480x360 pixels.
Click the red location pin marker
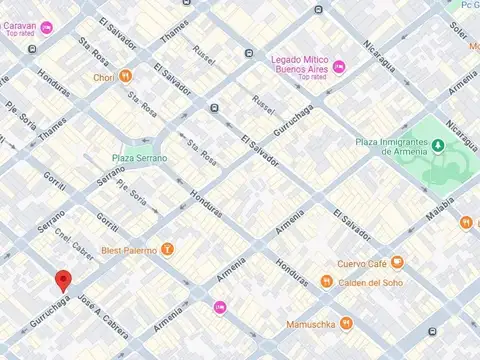coord(63,281)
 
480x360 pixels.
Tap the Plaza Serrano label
coord(139,158)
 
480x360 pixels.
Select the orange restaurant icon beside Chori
coord(126,76)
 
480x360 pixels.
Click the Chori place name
coord(104,76)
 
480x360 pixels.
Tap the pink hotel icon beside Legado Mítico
coord(338,67)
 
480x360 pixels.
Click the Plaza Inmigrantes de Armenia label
coord(392,148)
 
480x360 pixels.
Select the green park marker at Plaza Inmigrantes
coord(438,147)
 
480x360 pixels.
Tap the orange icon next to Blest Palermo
coord(167,249)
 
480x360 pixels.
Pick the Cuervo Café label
coord(363,263)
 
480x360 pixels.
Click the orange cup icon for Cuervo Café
coord(397,263)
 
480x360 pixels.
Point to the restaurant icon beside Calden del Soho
coord(326,281)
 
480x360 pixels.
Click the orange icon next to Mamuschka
coord(346,323)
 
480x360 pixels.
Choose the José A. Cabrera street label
coord(103,317)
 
